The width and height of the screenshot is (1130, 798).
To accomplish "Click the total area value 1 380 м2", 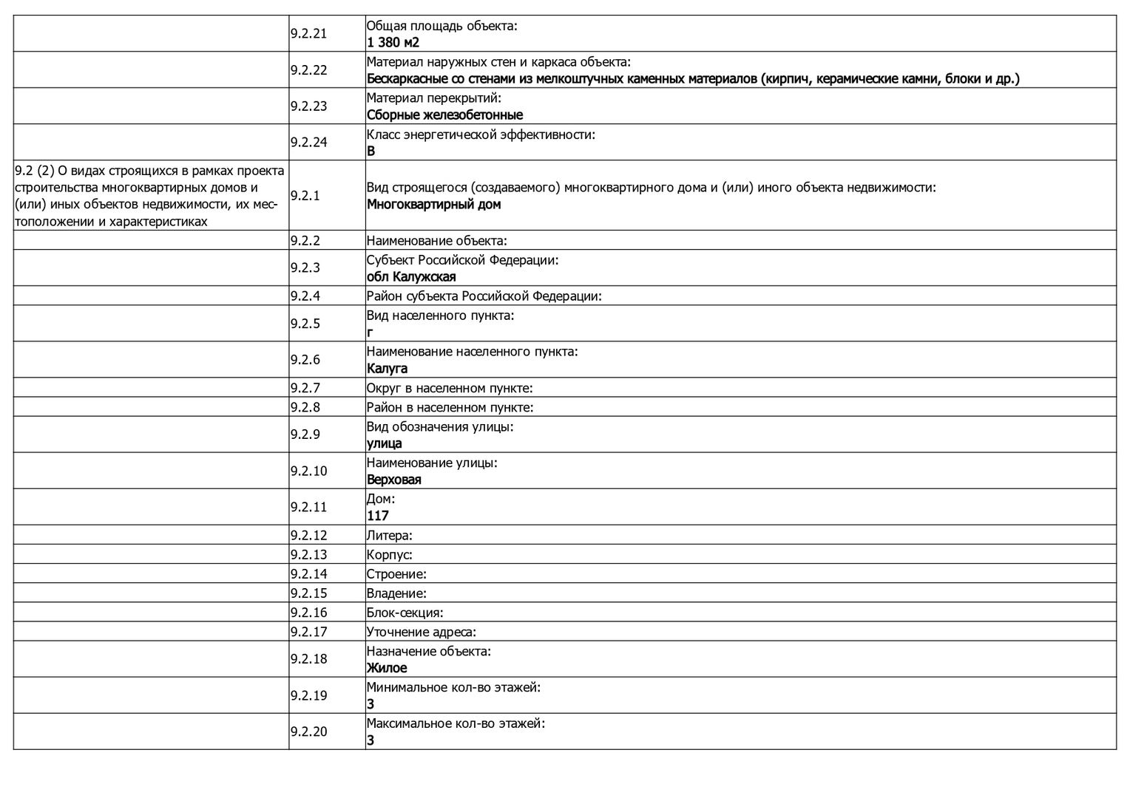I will (x=393, y=43).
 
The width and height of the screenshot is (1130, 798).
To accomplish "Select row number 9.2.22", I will (x=308, y=70).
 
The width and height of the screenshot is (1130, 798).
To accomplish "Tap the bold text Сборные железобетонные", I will (x=444, y=115).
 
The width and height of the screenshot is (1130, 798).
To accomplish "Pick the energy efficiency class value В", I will (x=371, y=151).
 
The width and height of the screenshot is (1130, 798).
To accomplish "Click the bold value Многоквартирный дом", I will (x=433, y=205).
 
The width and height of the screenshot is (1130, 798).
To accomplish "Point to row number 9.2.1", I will (x=305, y=196).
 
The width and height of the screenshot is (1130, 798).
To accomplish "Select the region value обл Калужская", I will (x=411, y=277).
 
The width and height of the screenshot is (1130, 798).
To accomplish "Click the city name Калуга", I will (x=387, y=369).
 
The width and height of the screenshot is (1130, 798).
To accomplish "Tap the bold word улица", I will (x=384, y=443).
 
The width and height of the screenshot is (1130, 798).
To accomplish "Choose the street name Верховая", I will (x=393, y=480).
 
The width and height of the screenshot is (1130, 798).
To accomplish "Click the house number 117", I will (x=377, y=516).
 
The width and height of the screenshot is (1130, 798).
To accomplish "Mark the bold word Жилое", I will (x=387, y=668).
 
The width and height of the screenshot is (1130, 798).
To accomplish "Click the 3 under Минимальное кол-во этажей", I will (x=371, y=704).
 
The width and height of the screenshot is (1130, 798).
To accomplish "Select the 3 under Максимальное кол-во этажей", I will (x=371, y=740).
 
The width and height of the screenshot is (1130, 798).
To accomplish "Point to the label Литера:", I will (x=389, y=535).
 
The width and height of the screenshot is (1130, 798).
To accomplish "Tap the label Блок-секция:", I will (x=405, y=613).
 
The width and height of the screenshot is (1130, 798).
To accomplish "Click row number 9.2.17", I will (x=308, y=632).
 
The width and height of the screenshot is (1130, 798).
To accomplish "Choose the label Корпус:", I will (x=389, y=555).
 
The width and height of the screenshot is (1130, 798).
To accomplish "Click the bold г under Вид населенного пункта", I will (x=370, y=333).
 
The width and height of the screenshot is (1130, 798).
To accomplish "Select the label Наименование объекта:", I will (x=436, y=241).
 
